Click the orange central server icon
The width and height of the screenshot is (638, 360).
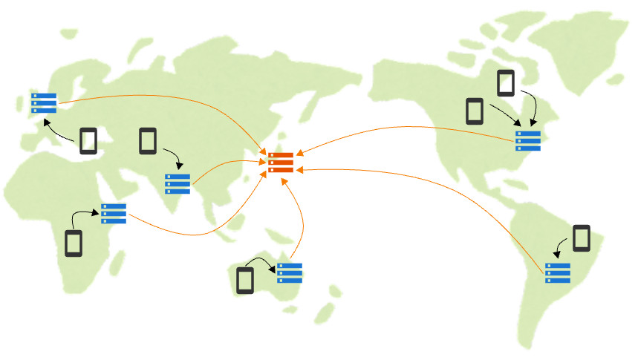point(281,163)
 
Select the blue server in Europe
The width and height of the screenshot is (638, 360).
point(44,102)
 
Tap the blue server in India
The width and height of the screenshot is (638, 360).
point(178,183)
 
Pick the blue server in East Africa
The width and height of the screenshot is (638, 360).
point(114,213)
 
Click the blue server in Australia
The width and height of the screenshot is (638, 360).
point(290,272)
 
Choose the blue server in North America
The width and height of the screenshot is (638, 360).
point(528,140)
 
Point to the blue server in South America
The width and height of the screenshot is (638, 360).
point(558,272)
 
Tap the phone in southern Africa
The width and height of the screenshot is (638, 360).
point(73,243)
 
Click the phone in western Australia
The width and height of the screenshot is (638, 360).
point(245,281)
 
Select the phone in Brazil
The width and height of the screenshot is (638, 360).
point(582,238)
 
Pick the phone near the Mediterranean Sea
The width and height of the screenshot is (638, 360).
point(88,141)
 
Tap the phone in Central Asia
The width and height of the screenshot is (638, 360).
point(148,140)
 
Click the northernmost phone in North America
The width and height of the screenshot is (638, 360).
point(506,82)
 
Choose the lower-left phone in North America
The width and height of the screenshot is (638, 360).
point(475,111)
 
